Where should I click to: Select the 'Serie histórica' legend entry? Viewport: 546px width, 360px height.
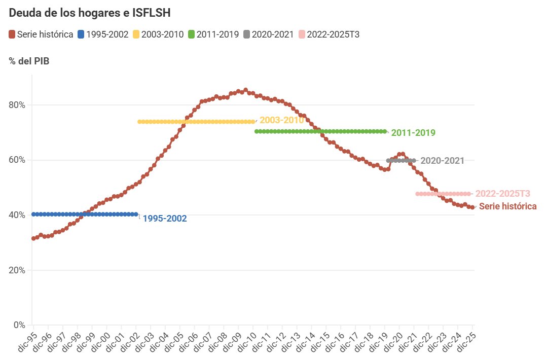[41, 34]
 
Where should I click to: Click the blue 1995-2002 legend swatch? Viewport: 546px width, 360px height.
[81, 34]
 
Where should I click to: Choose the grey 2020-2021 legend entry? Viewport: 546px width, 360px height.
[268, 34]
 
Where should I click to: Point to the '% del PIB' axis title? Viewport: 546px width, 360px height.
[29, 61]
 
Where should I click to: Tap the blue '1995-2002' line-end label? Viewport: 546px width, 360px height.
[164, 219]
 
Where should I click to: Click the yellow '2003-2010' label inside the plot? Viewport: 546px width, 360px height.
[281, 120]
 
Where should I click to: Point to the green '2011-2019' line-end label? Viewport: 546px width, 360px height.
[413, 133]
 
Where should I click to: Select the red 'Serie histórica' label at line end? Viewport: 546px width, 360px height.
[507, 206]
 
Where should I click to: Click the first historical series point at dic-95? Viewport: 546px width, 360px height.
[33, 238]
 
